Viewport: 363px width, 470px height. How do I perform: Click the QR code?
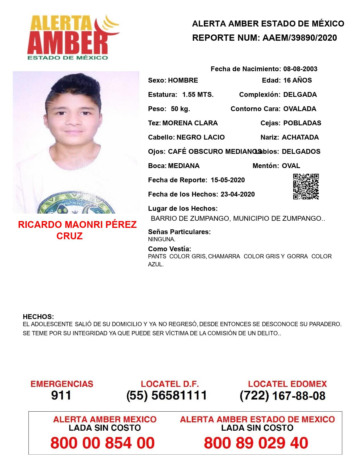pyautogui.click(x=306, y=187)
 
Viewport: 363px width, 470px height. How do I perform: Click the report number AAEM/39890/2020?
pyautogui.click(x=300, y=38)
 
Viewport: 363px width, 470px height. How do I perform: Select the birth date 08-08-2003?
pyautogui.click(x=300, y=69)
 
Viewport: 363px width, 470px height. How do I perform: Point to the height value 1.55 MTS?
pyautogui.click(x=198, y=95)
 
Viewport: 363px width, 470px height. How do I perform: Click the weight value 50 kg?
pyautogui.click(x=180, y=109)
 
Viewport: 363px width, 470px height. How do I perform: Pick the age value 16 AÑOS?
pyautogui.click(x=298, y=80)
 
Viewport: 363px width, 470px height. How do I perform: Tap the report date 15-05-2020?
pyautogui.click(x=228, y=180)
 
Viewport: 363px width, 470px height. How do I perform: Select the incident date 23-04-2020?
pyautogui.click(x=237, y=194)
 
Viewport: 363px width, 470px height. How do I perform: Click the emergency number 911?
pyautogui.click(x=61, y=395)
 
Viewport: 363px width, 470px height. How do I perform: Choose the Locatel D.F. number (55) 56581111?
pyautogui.click(x=167, y=395)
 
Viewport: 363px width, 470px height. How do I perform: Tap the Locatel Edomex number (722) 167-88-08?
pyautogui.click(x=282, y=396)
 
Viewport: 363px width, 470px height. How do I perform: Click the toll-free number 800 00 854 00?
pyautogui.click(x=102, y=443)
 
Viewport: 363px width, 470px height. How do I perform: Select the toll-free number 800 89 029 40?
pyautogui.click(x=256, y=443)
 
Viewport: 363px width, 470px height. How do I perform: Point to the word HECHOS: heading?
pyautogui.click(x=38, y=317)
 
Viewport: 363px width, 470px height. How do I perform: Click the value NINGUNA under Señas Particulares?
pyautogui.click(x=161, y=240)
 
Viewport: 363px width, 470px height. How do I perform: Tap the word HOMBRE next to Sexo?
pyautogui.click(x=183, y=80)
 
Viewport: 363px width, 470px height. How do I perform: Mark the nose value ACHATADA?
pyautogui.click(x=300, y=137)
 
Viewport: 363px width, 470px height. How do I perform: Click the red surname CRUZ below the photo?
pyautogui.click(x=69, y=236)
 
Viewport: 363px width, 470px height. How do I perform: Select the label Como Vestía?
pyautogui.click(x=169, y=249)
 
